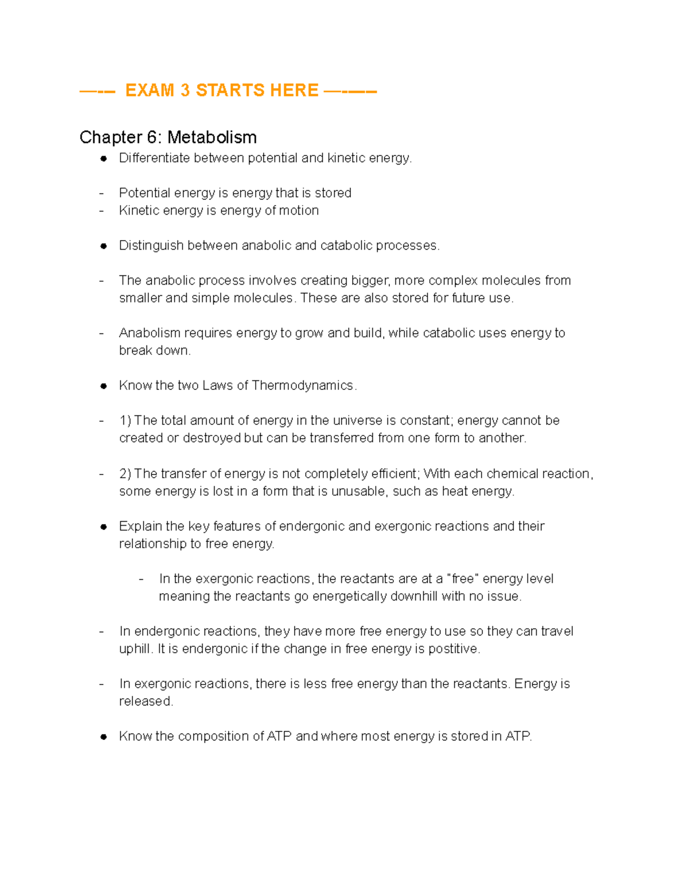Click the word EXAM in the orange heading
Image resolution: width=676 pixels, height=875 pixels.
[149, 90]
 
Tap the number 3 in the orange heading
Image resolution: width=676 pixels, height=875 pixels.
[185, 90]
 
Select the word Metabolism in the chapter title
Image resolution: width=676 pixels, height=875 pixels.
[212, 137]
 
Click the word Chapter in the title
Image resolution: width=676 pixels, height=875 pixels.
[110, 137]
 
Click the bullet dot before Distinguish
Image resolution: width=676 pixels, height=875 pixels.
[104, 246]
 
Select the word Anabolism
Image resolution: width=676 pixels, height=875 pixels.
[150, 333]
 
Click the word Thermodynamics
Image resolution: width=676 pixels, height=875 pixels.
[303, 385]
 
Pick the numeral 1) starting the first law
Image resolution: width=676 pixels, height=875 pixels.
[125, 421]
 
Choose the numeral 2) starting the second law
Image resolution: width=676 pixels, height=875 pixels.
[125, 473]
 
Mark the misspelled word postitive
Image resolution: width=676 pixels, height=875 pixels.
[453, 649]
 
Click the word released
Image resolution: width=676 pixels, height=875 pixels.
[145, 701]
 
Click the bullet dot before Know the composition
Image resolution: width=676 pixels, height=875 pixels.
[104, 737]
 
